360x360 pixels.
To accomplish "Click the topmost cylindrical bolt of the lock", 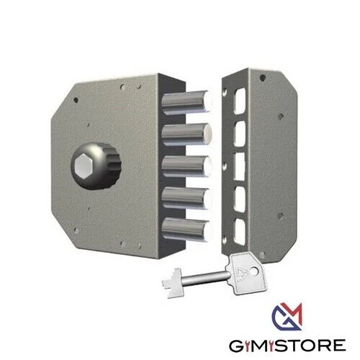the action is click(186, 102).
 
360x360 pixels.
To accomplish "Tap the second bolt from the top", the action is click(186, 135).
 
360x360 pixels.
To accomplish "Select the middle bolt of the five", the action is click(186, 166).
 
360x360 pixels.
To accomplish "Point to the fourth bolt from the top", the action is click(186, 198).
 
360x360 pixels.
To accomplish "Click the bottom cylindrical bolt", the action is click(186, 230).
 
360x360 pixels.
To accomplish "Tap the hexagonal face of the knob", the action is click(83, 166).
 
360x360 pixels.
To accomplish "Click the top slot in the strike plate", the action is click(240, 101).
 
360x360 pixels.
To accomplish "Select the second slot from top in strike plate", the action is click(240, 133).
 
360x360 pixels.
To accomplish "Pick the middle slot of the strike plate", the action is click(240, 166).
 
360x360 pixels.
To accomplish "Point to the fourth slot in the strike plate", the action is click(240, 199).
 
